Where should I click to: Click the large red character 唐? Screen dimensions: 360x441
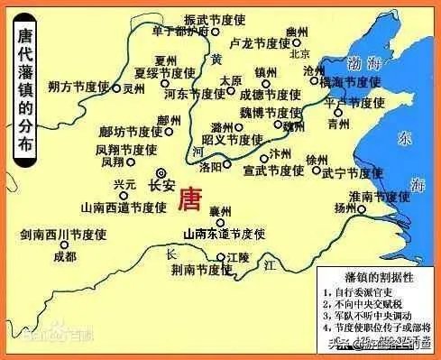click(192, 197)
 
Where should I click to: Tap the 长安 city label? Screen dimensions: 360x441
click(161, 187)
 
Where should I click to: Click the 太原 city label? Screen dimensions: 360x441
click(232, 79)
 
